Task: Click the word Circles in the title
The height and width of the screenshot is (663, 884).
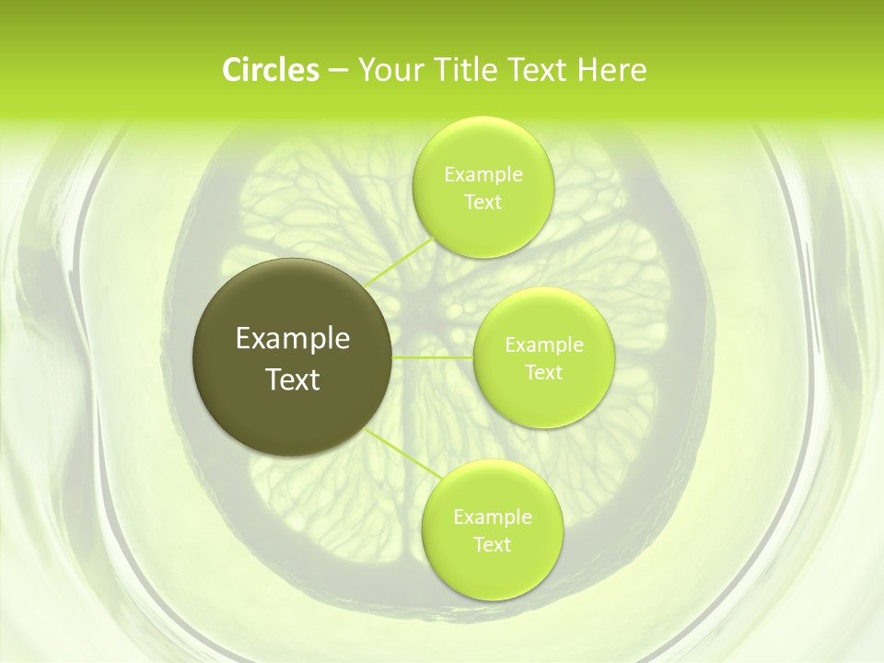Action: [x=270, y=70]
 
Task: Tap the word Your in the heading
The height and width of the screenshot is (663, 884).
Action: [x=387, y=70]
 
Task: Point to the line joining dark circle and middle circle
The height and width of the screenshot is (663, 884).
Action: [x=433, y=356]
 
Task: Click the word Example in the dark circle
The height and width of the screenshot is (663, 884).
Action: [x=293, y=339]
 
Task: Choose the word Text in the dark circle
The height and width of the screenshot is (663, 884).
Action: [x=293, y=379]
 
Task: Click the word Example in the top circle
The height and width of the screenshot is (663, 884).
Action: [x=483, y=175]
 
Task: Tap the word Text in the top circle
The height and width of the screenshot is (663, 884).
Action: [x=483, y=203]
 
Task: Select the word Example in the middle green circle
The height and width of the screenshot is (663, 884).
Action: [x=544, y=345]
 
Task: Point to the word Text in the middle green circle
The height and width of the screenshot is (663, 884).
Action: [x=543, y=373]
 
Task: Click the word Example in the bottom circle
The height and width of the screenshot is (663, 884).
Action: [x=493, y=518]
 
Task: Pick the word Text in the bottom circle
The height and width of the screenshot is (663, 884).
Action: [x=492, y=545]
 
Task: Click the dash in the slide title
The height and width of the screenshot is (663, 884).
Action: [x=338, y=71]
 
